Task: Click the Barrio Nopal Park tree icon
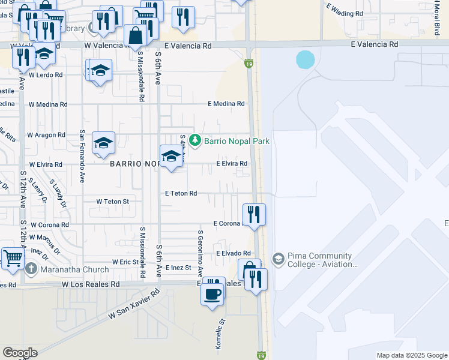(x=194, y=140)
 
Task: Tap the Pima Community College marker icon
(x=278, y=259)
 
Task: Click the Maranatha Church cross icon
(x=31, y=269)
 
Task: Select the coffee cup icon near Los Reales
(x=212, y=293)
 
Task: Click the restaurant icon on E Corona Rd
(x=254, y=213)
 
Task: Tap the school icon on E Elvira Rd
(x=171, y=155)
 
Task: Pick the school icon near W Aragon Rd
(x=104, y=142)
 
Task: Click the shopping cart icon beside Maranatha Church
(x=11, y=258)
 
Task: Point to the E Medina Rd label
(x=226, y=104)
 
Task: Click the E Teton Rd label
(x=181, y=193)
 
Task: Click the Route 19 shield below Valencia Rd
(x=248, y=63)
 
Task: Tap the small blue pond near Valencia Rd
(x=305, y=59)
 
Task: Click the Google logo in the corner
(x=20, y=353)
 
